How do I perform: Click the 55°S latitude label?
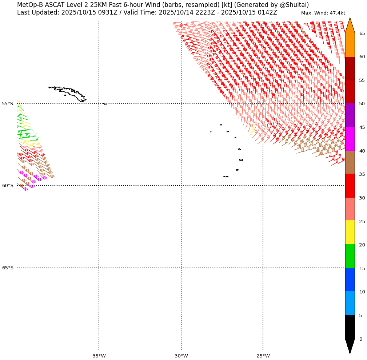(x=7, y=104)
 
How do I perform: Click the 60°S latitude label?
(x=7, y=186)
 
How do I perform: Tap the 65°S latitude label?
(x=7, y=268)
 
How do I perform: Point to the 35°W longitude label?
(x=99, y=356)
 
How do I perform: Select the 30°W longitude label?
(x=181, y=356)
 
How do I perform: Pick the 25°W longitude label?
(x=263, y=356)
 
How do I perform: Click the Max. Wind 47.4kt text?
(x=323, y=13)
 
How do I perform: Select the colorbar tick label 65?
(x=362, y=33)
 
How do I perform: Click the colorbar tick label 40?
(x=362, y=151)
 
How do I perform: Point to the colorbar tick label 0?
(x=360, y=339)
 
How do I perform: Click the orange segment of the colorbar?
(x=350, y=44)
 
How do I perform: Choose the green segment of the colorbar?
(x=350, y=256)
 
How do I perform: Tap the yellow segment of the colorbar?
(x=350, y=232)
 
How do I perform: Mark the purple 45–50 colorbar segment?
(x=350, y=115)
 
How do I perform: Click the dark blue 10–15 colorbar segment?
(x=350, y=280)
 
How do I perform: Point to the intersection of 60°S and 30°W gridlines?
(x=181, y=186)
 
